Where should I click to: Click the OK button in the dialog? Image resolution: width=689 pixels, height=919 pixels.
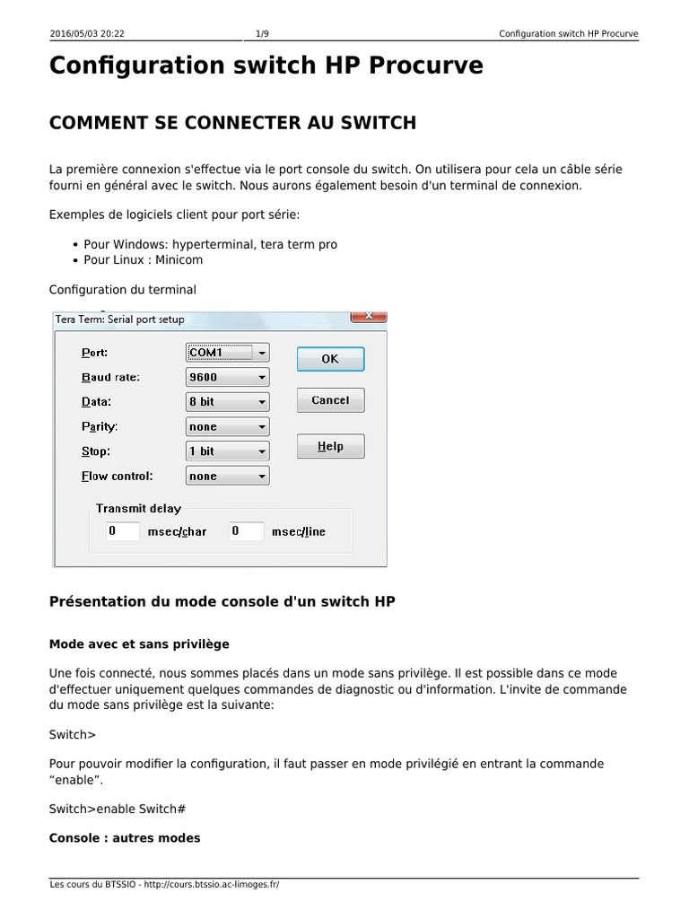(330, 359)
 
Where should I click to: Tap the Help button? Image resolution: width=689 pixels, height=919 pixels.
(330, 446)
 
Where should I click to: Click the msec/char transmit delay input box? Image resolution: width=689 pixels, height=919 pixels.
(122, 531)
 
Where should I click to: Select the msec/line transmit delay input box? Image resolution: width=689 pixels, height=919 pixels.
(246, 531)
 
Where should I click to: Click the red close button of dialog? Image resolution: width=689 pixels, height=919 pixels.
(369, 316)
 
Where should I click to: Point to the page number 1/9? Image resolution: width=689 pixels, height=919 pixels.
(262, 34)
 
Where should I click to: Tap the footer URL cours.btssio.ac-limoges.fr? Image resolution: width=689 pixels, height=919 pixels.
(211, 885)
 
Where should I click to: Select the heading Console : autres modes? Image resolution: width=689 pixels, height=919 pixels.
(125, 838)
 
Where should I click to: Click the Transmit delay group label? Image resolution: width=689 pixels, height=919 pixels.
(138, 509)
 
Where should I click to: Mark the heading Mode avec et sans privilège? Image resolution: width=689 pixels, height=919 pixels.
(139, 643)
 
